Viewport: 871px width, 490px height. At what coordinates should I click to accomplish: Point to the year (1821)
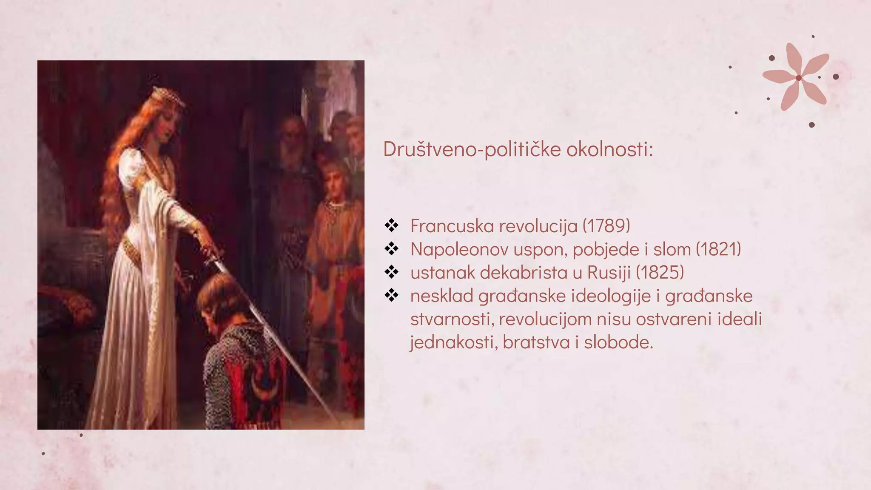point(718,249)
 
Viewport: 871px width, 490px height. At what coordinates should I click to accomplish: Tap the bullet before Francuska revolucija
point(391,225)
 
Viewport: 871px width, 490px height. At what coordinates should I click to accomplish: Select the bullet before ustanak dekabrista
point(391,272)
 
